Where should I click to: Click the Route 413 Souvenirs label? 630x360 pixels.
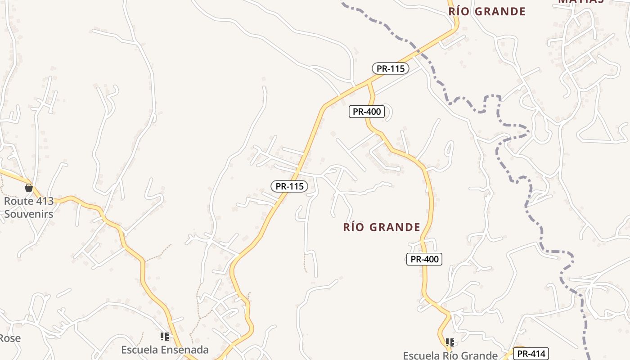(29, 207)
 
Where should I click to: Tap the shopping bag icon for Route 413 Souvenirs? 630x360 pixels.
(29, 188)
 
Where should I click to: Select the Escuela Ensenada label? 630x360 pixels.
(165, 350)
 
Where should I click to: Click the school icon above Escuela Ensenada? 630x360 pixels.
(165, 337)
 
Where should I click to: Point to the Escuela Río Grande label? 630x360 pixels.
(450, 355)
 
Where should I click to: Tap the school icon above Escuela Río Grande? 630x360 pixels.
(450, 342)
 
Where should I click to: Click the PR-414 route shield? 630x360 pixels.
(531, 354)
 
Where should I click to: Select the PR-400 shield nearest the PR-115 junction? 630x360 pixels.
(367, 112)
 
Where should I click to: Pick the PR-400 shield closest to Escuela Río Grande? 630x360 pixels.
(424, 259)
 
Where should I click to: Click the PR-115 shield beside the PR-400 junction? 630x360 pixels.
(391, 69)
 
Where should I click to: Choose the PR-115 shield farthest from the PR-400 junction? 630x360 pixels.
(290, 186)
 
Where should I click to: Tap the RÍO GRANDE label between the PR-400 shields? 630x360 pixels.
(382, 227)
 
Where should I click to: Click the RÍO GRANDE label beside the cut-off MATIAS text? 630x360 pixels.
(487, 12)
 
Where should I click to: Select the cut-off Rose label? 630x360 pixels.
(10, 338)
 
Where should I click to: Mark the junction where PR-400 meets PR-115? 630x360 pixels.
(369, 83)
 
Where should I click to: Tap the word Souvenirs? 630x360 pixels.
(29, 214)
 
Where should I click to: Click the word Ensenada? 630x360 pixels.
(184, 350)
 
